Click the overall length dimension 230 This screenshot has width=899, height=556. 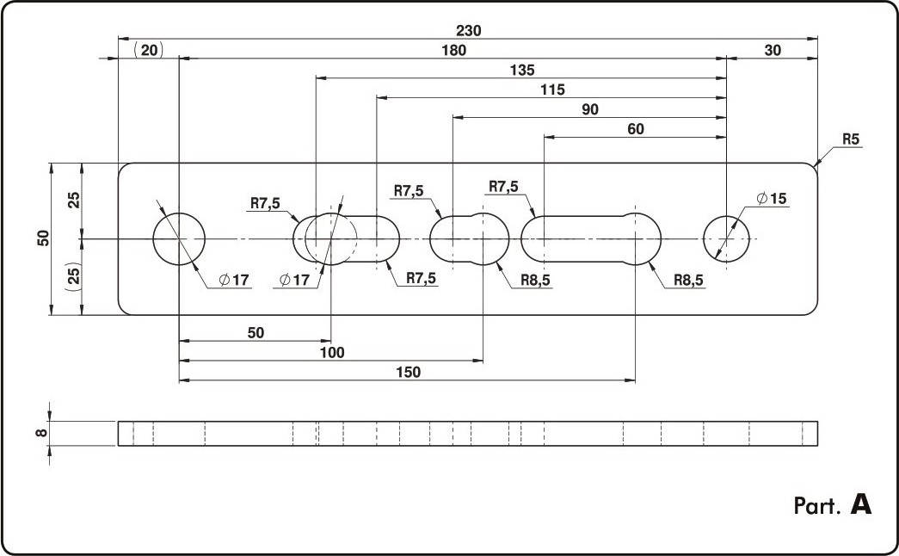click(x=468, y=30)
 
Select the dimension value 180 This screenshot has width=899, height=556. click(x=453, y=51)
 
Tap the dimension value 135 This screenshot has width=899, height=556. click(x=521, y=70)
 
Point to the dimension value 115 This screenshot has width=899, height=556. click(x=552, y=90)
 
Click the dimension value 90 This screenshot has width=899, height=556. click(x=590, y=109)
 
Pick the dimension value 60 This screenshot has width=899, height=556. click(x=635, y=129)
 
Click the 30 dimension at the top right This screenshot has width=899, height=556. click(x=773, y=51)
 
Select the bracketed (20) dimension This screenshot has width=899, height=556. click(x=149, y=51)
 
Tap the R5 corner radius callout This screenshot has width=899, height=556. click(x=851, y=139)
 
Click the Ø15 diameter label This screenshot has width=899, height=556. click(x=772, y=199)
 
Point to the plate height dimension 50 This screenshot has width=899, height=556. click(x=44, y=238)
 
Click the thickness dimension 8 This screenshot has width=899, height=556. click(x=40, y=433)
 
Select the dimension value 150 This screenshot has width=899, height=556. click(x=408, y=373)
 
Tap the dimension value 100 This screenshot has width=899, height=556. click(x=332, y=352)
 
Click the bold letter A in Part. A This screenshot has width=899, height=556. click(x=861, y=504)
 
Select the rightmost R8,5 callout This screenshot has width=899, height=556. click(x=688, y=280)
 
